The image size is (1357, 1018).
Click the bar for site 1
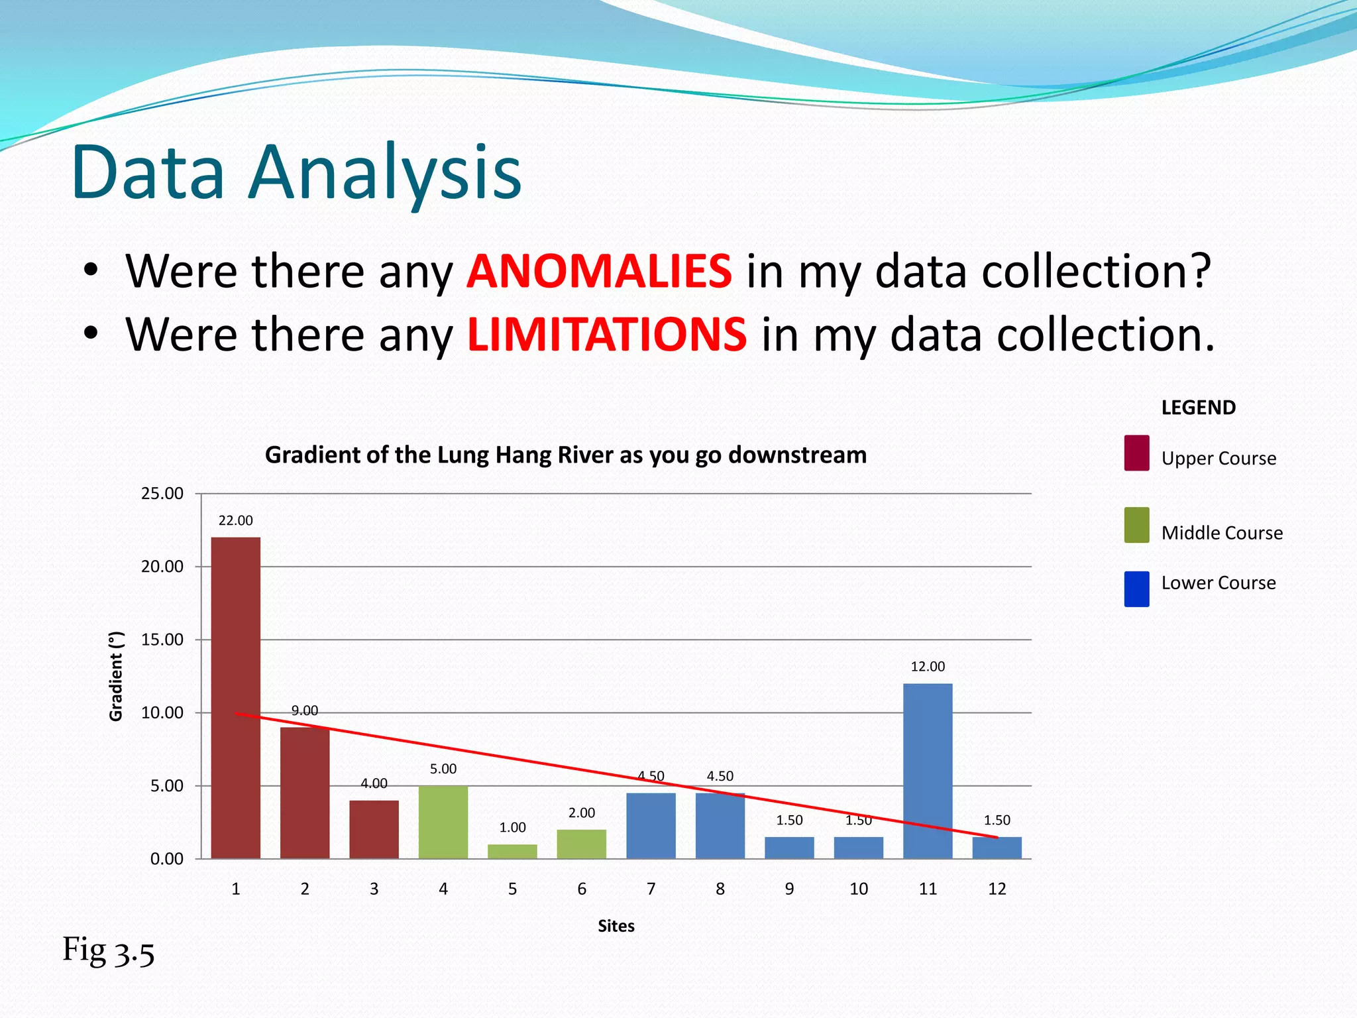(236, 697)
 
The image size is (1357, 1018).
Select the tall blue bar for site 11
(928, 771)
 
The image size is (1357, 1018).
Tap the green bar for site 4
(443, 822)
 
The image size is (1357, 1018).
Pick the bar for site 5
(512, 851)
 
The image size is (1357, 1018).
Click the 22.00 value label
(236, 521)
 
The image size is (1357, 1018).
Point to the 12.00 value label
(928, 667)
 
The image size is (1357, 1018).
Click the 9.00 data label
(305, 710)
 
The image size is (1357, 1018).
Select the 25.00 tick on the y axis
(162, 494)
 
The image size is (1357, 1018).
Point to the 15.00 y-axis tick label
(162, 640)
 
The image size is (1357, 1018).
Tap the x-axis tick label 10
(859, 889)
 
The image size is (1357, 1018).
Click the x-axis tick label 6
(582, 889)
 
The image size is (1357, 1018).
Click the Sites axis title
(616, 926)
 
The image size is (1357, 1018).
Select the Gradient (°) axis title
(117, 676)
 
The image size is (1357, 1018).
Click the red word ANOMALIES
(599, 271)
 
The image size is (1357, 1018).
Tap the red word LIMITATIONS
(607, 334)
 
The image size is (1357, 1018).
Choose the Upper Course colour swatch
(1136, 453)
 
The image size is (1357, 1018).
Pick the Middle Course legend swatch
(1136, 526)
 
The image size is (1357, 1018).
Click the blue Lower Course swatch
(1136, 589)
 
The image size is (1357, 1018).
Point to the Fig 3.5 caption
(109, 950)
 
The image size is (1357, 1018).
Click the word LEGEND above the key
(1199, 408)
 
